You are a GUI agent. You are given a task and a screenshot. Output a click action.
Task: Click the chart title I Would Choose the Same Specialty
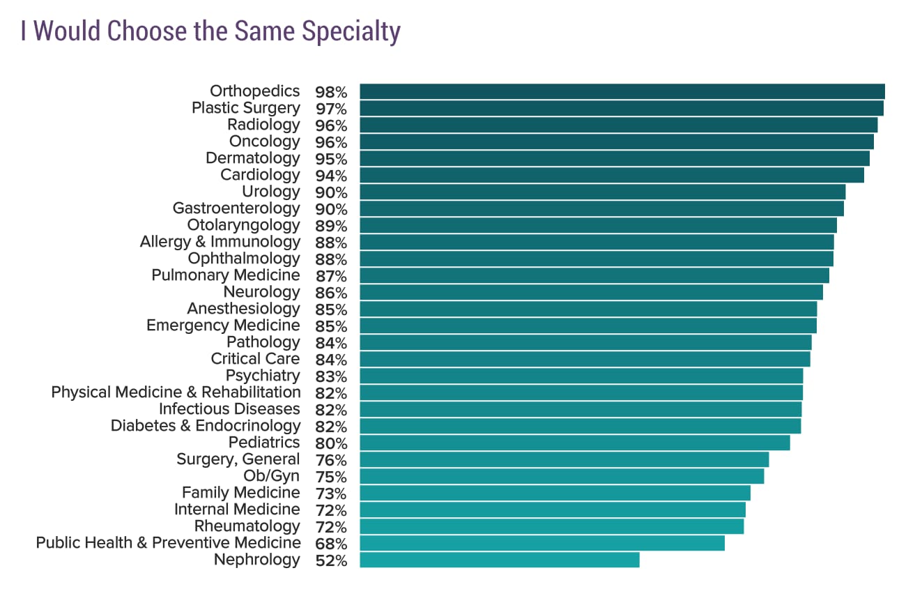pos(210,31)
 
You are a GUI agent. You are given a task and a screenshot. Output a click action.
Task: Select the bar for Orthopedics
pos(622,91)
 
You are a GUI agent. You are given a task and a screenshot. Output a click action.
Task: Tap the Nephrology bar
pos(499,560)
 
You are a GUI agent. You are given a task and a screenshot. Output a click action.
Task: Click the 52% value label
pos(331,560)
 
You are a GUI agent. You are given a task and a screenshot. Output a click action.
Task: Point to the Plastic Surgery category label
pos(245,108)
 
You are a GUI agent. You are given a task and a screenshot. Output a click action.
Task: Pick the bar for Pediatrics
pos(574,443)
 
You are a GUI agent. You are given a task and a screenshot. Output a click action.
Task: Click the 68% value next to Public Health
pos(331,544)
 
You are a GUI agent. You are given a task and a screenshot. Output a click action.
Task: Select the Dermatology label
pos(252,158)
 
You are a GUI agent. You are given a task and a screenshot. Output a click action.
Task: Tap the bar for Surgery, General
pos(564,459)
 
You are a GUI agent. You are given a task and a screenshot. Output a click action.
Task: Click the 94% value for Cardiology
pos(331,176)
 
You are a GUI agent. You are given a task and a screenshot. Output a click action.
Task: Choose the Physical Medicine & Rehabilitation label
pos(176,392)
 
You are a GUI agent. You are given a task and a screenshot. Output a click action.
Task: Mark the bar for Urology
pos(602,192)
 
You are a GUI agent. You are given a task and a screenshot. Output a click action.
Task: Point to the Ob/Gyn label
pos(271,476)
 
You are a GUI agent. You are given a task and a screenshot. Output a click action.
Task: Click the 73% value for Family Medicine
pos(331,494)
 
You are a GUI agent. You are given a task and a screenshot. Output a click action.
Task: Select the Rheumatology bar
pos(551,526)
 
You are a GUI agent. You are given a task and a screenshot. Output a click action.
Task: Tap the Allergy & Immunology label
pos(220,242)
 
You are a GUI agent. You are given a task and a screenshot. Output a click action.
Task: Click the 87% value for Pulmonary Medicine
pos(331,276)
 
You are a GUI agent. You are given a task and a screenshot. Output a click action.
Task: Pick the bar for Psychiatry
pos(581,376)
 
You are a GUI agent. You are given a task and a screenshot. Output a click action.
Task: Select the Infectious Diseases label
pos(229,409)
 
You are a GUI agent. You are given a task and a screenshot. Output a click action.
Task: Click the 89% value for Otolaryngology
pos(331,226)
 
